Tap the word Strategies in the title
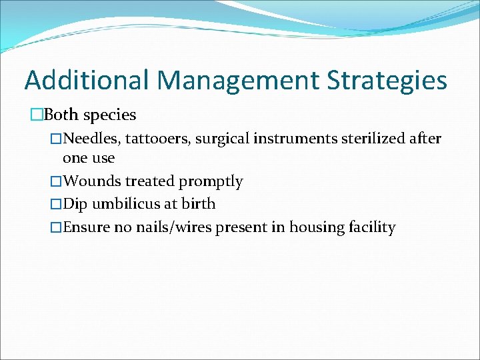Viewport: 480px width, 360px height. tap(387, 80)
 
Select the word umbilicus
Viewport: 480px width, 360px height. tap(127, 204)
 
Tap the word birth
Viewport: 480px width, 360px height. tap(199, 204)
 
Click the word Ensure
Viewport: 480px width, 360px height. tap(86, 227)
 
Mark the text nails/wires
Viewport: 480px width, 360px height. tap(173, 227)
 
